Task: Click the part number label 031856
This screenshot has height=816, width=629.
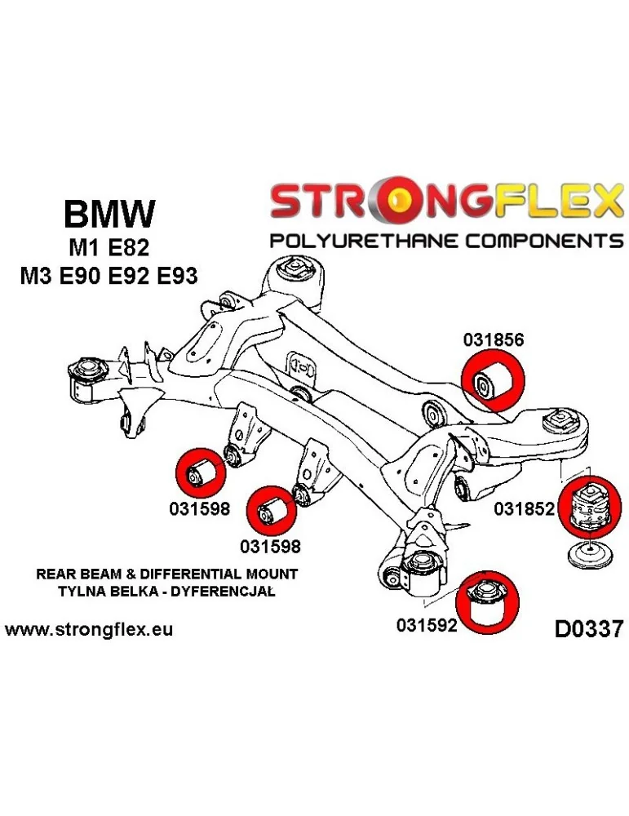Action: [493, 340]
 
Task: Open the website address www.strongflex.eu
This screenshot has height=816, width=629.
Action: [89, 630]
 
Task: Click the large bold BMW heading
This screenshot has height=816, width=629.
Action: [109, 215]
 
